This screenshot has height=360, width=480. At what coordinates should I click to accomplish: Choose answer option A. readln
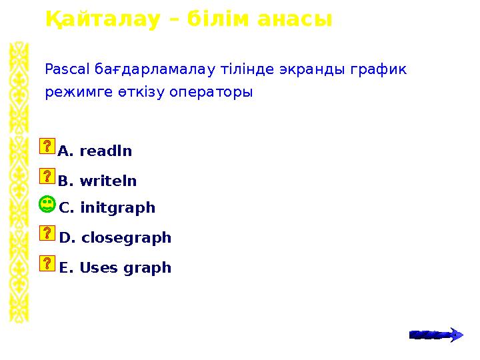coord(95,151)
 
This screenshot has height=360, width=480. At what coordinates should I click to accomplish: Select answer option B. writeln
coord(97,181)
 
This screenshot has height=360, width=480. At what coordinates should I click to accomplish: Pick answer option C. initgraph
coord(107,208)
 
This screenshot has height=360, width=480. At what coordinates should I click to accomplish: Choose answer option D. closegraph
coord(115,238)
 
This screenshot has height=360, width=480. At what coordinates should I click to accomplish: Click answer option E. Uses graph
coord(115,268)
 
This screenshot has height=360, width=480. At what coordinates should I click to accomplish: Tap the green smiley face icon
coord(47,205)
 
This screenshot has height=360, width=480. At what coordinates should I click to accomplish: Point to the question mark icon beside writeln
coord(47,176)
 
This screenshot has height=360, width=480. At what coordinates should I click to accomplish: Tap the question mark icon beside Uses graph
coord(47,263)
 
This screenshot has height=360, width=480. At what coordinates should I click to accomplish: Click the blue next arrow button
coord(435,334)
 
